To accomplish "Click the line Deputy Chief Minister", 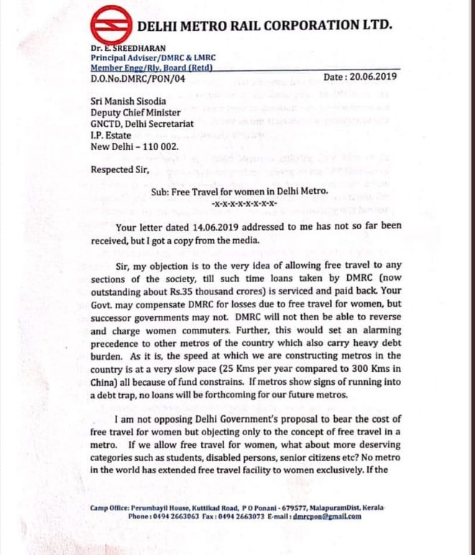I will point(135,113).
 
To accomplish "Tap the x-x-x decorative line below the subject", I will point(238,204).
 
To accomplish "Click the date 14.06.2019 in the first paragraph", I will point(199,228).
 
